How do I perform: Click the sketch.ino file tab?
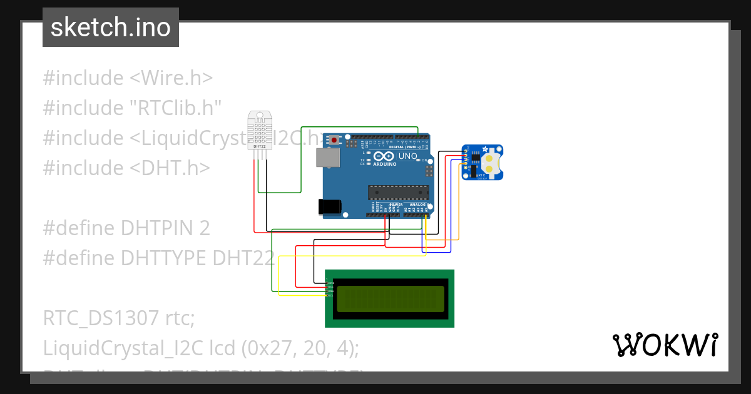pos(111,28)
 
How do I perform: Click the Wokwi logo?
pos(665,345)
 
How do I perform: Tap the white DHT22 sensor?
pos(260,131)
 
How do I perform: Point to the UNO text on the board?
pos(408,156)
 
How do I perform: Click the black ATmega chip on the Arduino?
pos(398,194)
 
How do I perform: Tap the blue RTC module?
pos(482,163)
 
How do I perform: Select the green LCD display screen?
pos(391,299)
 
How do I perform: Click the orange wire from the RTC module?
pos(459,206)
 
